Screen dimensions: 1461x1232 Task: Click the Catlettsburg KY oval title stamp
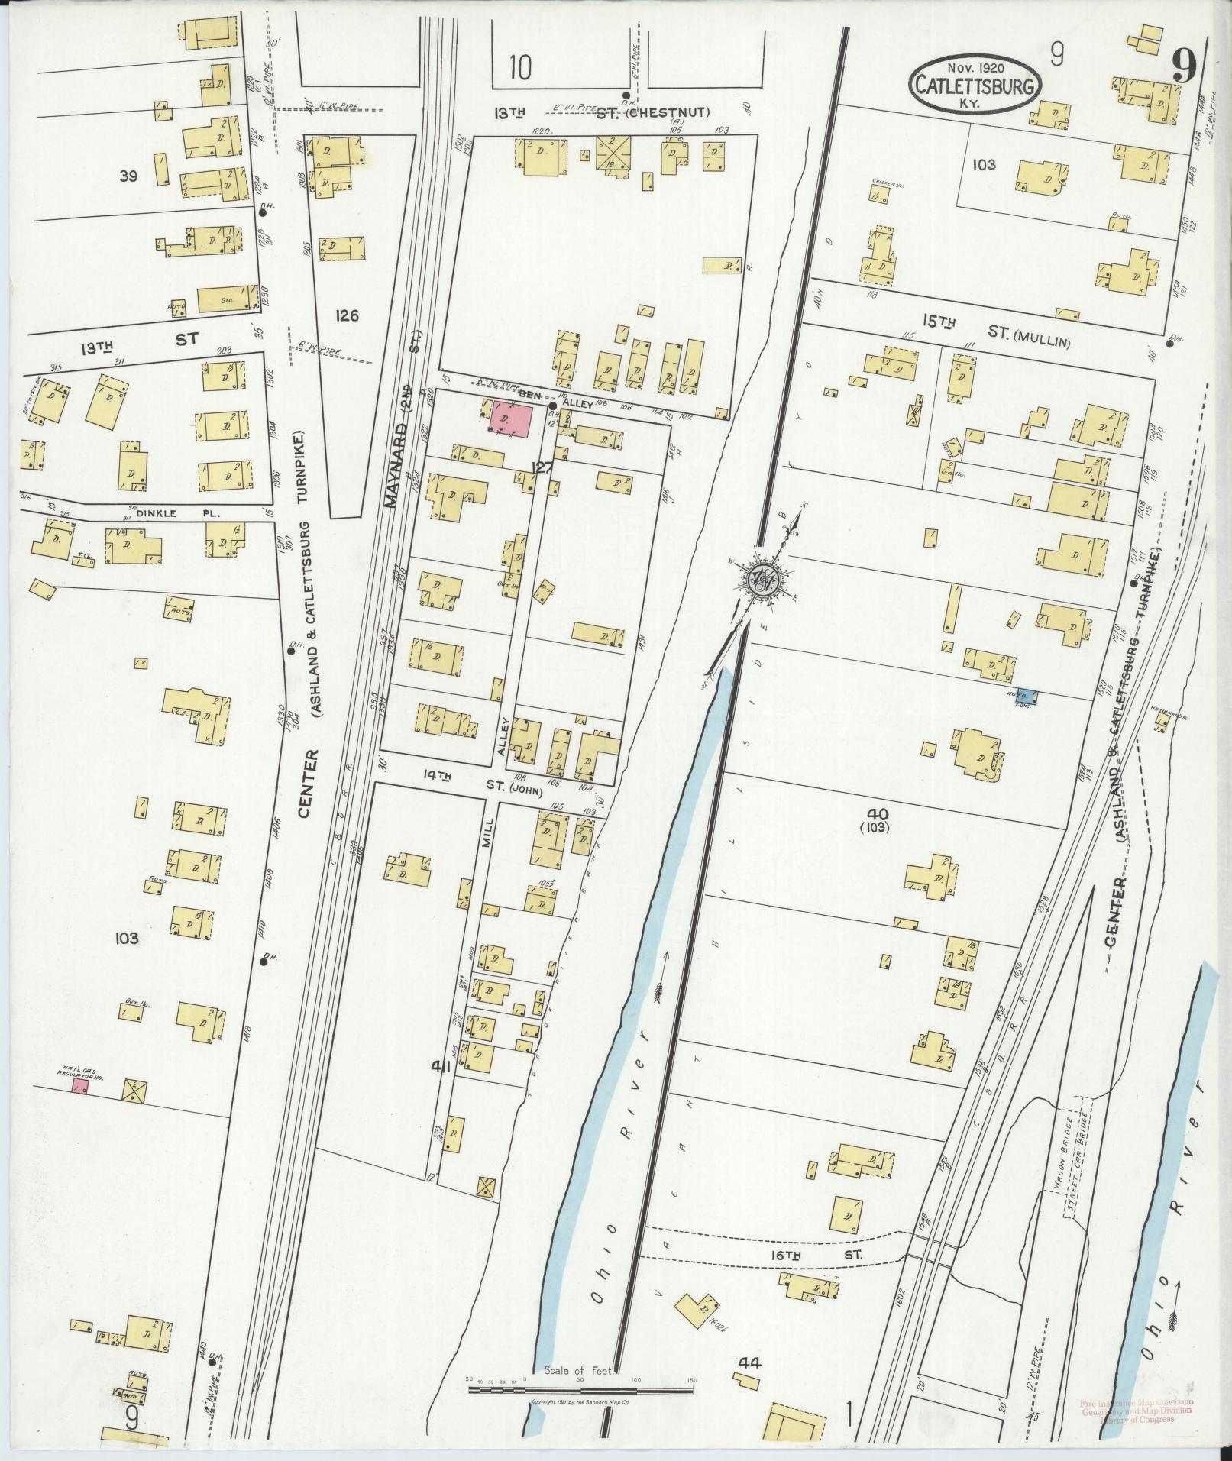(975, 86)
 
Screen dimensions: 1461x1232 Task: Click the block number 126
(346, 315)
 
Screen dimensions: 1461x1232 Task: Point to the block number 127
(544, 468)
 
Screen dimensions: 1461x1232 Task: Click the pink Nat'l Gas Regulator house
(80, 1086)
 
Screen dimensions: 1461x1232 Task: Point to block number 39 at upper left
(128, 176)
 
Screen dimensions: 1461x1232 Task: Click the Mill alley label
(490, 832)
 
